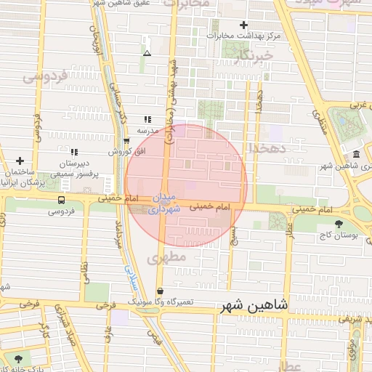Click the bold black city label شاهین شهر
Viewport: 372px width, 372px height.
[253, 309]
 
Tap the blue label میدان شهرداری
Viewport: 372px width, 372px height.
[164, 203]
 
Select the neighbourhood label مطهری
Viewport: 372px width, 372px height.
[167, 257]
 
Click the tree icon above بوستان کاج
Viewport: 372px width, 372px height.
[338, 223]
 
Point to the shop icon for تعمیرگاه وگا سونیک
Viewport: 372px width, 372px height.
[170, 291]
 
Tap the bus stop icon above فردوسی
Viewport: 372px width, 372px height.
[61, 200]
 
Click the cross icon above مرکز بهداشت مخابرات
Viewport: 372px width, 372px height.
[244, 25]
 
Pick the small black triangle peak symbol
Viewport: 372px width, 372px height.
[147, 53]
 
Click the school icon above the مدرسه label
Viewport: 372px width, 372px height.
[147, 118]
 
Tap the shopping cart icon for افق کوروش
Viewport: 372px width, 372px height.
[126, 141]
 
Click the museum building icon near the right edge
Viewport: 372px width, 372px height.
[355, 155]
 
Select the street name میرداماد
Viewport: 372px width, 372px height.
[117, 234]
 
